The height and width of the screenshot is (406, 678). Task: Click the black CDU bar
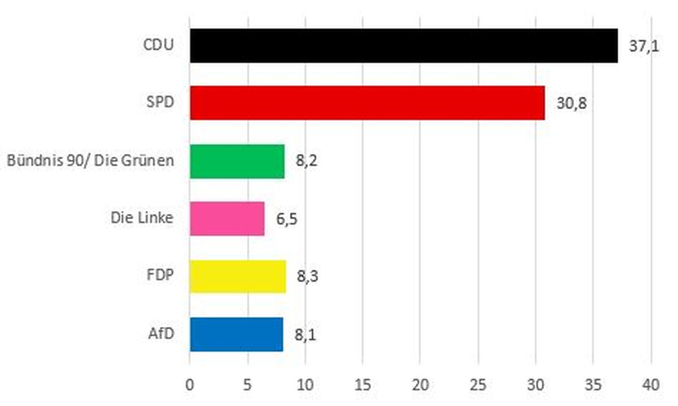tap(403, 46)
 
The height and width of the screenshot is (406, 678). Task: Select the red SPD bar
tap(367, 103)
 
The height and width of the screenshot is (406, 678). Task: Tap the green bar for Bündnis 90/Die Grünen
tap(237, 161)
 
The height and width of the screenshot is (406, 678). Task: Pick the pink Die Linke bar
tap(227, 219)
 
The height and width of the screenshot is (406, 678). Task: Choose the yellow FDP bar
tap(238, 277)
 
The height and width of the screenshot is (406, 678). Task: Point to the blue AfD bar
tap(236, 334)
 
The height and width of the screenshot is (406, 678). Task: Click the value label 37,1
tap(644, 46)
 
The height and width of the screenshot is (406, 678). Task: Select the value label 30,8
tap(571, 104)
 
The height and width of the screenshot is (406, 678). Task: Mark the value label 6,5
tap(286, 219)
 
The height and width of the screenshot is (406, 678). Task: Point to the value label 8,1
tap(305, 335)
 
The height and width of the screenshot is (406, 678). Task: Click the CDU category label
tap(158, 45)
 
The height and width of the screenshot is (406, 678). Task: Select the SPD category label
tap(160, 103)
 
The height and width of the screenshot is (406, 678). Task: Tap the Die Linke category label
tap(142, 218)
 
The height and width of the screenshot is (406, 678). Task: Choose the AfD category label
tap(161, 334)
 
